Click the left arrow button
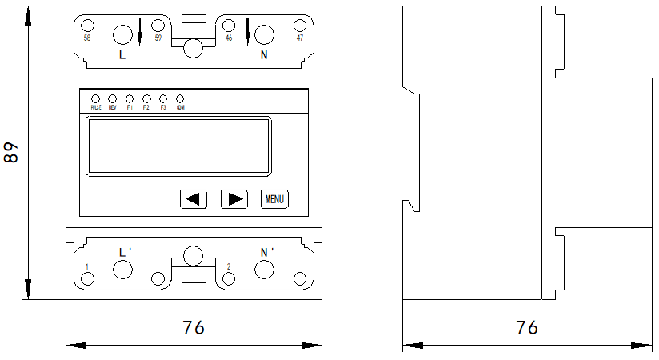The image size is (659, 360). pos(194,198)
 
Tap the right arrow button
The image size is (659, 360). pos(234,198)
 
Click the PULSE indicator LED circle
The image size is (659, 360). pos(95,98)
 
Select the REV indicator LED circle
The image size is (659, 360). pos(112,98)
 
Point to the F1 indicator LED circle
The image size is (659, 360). pos(130,98)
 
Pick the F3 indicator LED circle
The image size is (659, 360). pos(163,98)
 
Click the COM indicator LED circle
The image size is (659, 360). pos(180,98)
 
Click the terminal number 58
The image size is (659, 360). pos(87,38)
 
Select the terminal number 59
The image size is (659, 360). pos(158,38)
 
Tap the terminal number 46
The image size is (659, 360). pos(229,38)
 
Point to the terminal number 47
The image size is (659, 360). pos(299,38)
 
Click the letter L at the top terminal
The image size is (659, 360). pos(122,55)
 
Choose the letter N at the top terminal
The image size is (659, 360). pos(264,55)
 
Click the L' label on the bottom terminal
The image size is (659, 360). pos(125,252)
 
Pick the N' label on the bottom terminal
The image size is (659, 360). pos(267,252)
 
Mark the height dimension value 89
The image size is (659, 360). pos(11,153)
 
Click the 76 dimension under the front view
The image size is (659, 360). pos(194,327)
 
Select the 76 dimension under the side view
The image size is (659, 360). pos(526,327)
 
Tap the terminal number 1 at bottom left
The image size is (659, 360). pos(87,266)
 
